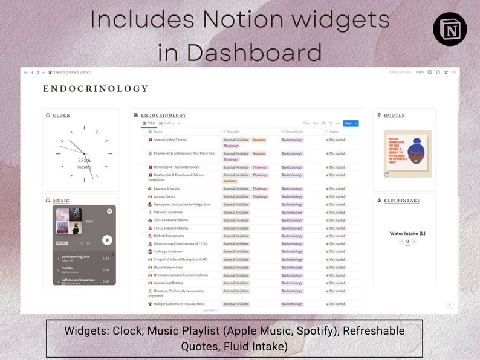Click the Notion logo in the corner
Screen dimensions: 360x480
click(x=450, y=29)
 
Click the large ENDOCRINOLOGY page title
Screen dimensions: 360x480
click(x=96, y=89)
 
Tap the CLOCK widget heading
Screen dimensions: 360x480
click(x=61, y=115)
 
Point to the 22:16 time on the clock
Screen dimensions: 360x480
click(x=84, y=161)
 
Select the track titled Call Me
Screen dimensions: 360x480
click(x=67, y=268)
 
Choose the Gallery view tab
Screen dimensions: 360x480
click(x=169, y=123)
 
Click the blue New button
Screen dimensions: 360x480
click(x=351, y=123)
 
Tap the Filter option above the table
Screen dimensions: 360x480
click(x=306, y=123)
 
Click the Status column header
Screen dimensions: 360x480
click(x=334, y=132)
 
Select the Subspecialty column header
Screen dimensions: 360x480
click(x=296, y=132)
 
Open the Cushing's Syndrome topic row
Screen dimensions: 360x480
click(x=167, y=251)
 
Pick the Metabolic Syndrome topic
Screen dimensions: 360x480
click(x=169, y=212)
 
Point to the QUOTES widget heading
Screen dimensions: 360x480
click(x=394, y=115)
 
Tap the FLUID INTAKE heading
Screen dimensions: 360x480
click(x=401, y=201)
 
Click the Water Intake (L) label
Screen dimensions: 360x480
click(x=407, y=233)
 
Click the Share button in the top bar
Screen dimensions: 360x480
click(x=420, y=72)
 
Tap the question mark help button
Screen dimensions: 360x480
click(x=449, y=304)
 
